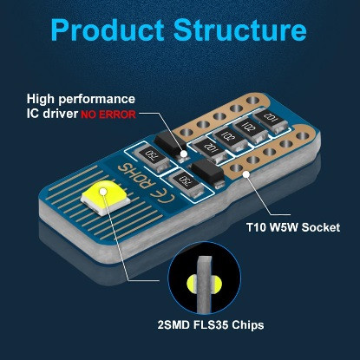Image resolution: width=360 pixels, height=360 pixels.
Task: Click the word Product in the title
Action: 108,30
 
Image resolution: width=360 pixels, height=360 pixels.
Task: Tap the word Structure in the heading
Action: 240,29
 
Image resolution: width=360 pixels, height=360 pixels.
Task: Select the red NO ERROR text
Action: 108,115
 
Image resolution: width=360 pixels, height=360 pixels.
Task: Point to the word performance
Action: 97,100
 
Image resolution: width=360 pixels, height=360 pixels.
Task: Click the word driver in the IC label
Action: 61,114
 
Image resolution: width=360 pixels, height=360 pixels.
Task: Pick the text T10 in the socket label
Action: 257,227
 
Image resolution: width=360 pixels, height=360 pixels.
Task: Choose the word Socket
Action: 321,227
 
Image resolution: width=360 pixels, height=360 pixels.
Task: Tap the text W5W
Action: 284,227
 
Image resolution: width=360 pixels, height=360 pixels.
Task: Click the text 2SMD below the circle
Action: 173,324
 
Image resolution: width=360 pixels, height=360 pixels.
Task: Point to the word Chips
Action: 248,325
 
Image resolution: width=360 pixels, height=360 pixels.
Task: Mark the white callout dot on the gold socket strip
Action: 246,173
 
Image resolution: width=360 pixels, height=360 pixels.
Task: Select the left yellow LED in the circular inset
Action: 192,282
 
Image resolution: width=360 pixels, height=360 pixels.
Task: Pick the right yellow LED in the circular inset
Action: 217,282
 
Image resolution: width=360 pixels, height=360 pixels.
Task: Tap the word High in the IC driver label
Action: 41,100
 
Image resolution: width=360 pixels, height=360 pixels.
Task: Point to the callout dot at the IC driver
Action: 183,154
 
